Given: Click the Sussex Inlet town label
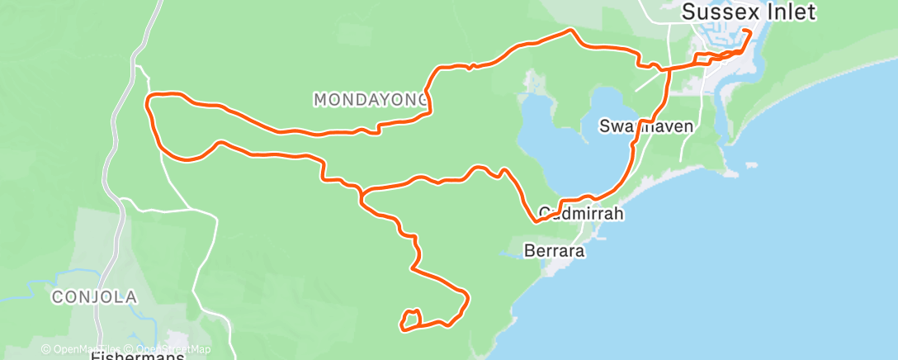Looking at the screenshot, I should pos(749,12).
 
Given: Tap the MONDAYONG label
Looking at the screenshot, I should pos(371,99).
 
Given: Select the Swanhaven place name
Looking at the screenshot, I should pos(646,126).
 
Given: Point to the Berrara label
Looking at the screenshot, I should pos(555,249).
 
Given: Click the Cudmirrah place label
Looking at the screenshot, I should pos(578,213).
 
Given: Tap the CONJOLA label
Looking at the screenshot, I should pos(93,296).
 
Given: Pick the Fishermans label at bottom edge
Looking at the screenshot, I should pos(139,355).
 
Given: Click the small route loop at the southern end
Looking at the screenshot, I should pos(411,319).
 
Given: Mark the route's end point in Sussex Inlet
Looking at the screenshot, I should pos(747,31).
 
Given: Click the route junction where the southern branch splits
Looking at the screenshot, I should pos(362,195).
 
